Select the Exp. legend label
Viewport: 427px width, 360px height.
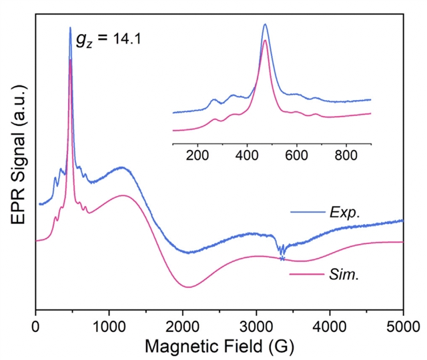pyautogui.click(x=345, y=213)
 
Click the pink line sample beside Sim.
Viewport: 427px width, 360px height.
pyautogui.click(x=307, y=274)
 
